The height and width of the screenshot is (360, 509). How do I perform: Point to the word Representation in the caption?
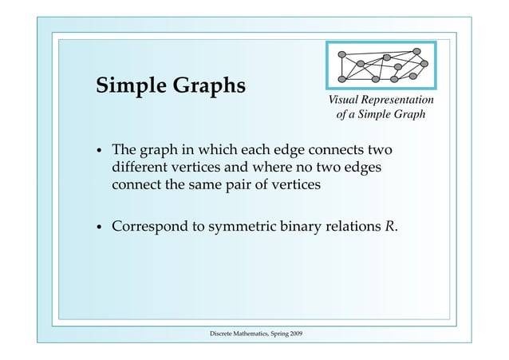pyautogui.click(x=398, y=100)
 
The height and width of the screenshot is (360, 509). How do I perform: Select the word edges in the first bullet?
pyautogui.click(x=364, y=168)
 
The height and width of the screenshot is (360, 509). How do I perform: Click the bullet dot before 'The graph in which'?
pyautogui.click(x=98, y=152)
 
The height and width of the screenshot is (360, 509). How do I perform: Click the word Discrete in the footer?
pyautogui.click(x=221, y=332)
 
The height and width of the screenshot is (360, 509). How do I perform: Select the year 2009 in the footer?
pyautogui.click(x=293, y=332)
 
